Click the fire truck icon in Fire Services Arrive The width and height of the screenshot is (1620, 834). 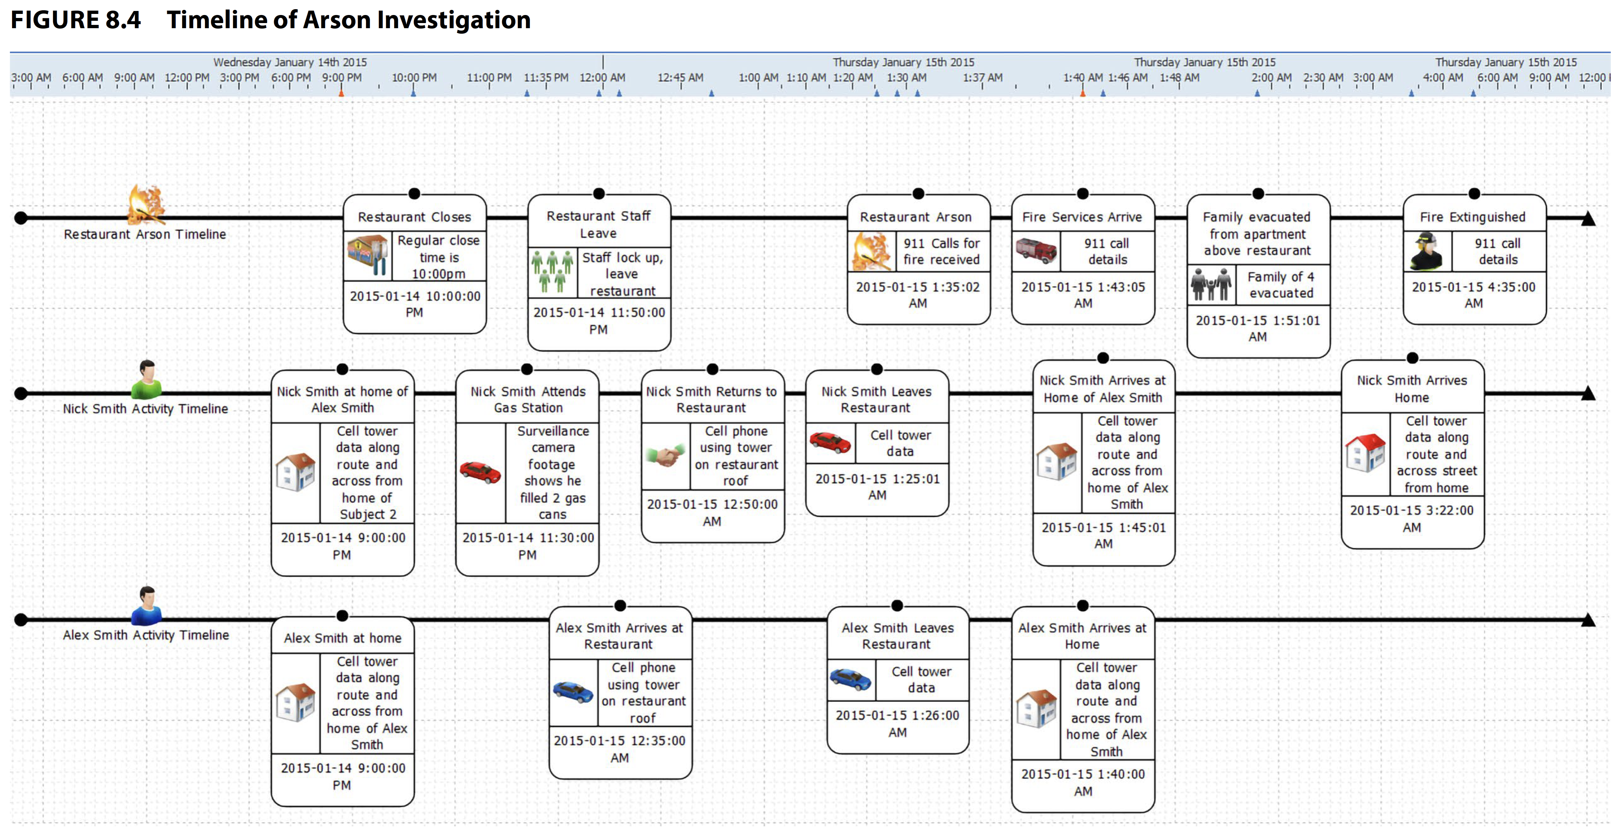point(1036,250)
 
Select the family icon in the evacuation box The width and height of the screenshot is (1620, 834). point(1210,284)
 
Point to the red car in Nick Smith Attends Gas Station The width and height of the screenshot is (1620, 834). point(481,472)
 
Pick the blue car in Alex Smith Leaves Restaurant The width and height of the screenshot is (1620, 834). point(850,679)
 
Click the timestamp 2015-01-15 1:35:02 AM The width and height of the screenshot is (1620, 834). point(918,295)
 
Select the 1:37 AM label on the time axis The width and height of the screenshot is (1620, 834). point(982,77)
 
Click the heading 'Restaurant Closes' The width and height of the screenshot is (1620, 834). point(414,217)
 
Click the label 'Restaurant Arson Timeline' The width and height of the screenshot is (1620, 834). point(145,234)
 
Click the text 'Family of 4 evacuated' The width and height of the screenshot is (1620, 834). point(1281,285)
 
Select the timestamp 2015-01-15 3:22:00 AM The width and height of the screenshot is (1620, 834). point(1412,519)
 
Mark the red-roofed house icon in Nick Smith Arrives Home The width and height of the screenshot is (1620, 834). point(1365,453)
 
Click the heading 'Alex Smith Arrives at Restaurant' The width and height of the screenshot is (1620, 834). point(619,636)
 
